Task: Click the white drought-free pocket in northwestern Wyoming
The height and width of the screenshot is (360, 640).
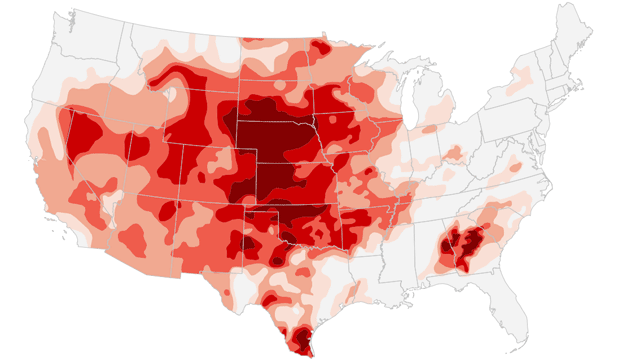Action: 172,94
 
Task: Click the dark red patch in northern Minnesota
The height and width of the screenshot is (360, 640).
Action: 320,47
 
